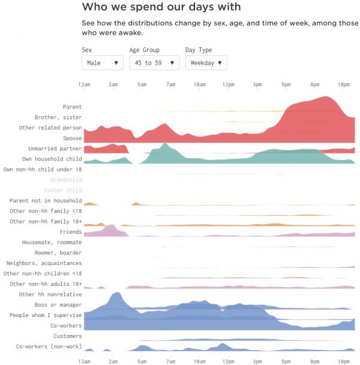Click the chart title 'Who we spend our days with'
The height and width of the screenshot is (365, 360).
pyautogui.click(x=161, y=7)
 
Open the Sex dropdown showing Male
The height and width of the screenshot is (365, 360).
pyautogui.click(x=102, y=62)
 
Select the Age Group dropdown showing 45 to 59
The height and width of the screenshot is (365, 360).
pyautogui.click(x=154, y=62)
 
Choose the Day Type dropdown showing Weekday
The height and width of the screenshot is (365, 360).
pyautogui.click(x=206, y=62)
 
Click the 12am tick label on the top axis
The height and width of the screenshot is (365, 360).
pyautogui.click(x=85, y=85)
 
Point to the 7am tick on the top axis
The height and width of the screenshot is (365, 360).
pyautogui.click(x=170, y=85)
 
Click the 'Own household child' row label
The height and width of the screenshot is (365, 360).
pyautogui.click(x=52, y=159)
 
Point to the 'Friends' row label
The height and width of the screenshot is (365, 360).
pyautogui.click(x=71, y=232)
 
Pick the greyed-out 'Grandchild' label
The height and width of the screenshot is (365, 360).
pyautogui.click(x=66, y=180)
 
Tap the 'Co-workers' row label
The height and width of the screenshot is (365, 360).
pyautogui.click(x=66, y=325)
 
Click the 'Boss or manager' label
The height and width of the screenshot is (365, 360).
pyautogui.click(x=58, y=304)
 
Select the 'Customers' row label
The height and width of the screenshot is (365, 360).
pyautogui.click(x=68, y=336)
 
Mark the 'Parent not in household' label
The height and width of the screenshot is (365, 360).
pyautogui.click(x=46, y=201)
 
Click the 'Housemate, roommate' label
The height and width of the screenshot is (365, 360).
pyautogui.click(x=52, y=242)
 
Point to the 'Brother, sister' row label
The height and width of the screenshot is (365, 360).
pyautogui.click(x=58, y=117)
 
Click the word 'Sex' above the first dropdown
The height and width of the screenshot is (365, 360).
pyautogui.click(x=87, y=50)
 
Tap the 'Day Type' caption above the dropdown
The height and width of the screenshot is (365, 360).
pyautogui.click(x=199, y=50)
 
